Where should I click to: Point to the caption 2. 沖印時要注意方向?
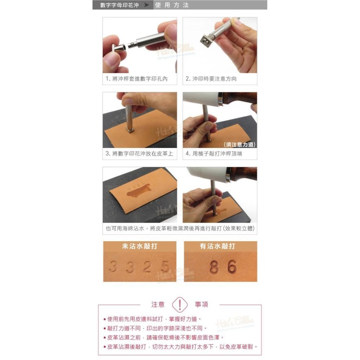[x=211, y=78]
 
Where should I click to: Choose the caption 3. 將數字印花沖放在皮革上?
[x=139, y=154]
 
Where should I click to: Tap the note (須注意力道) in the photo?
[x=239, y=145]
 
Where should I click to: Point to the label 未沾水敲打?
[x=139, y=246]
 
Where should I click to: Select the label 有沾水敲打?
[x=217, y=246]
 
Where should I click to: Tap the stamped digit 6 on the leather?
[x=232, y=266]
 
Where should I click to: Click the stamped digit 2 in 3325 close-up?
[x=147, y=267]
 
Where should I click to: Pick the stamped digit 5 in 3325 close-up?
[x=165, y=267]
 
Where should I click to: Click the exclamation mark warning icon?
[x=180, y=305]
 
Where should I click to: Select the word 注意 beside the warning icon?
[x=158, y=305]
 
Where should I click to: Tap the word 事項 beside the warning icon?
[x=202, y=305]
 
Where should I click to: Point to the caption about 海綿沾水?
[x=180, y=228]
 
